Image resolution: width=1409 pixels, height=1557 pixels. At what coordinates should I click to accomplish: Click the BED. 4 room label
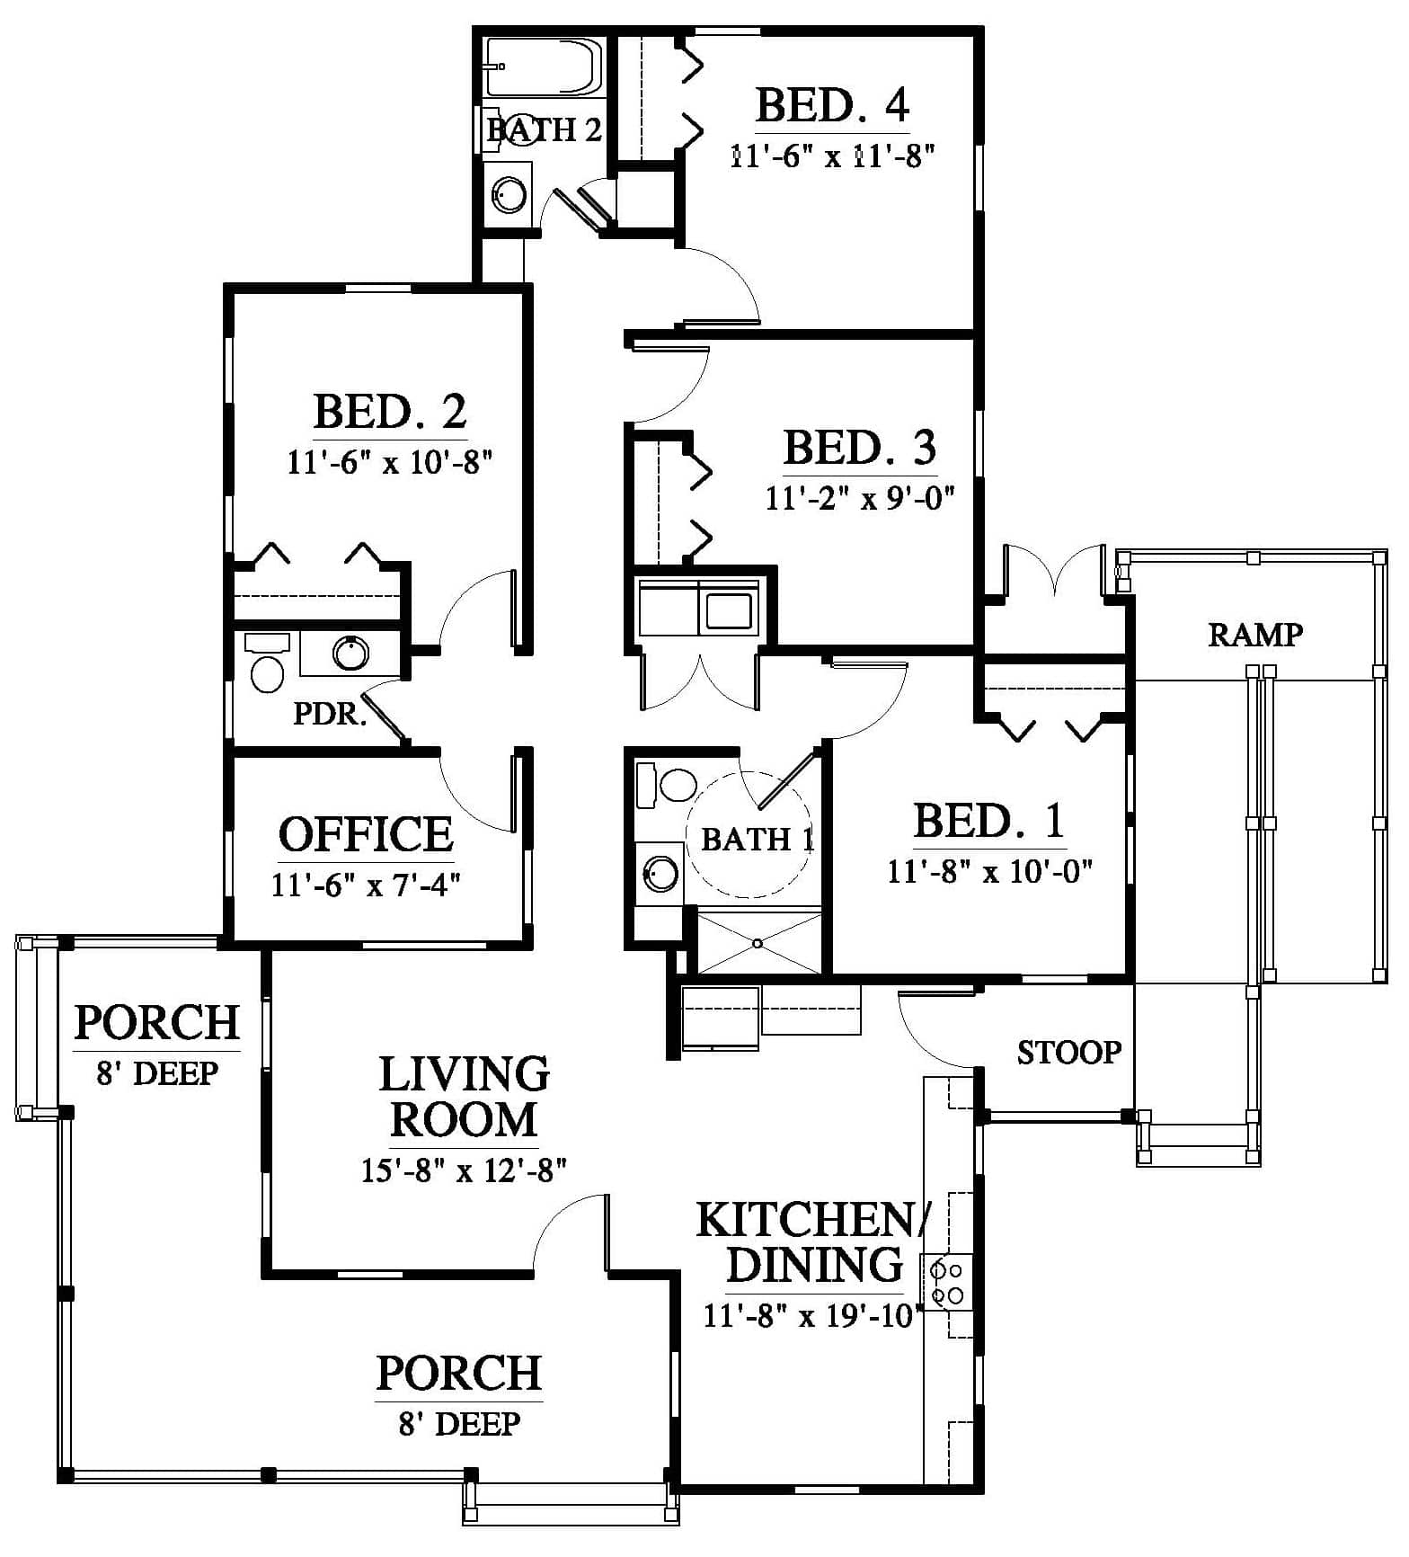pyautogui.click(x=832, y=105)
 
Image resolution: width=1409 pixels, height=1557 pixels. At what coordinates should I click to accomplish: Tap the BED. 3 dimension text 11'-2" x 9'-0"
pyautogui.click(x=860, y=497)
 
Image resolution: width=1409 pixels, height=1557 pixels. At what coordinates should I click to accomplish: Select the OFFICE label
pyautogui.click(x=366, y=834)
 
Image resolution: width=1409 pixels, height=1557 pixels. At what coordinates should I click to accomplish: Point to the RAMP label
pyautogui.click(x=1255, y=635)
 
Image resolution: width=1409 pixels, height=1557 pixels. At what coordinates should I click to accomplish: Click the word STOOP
pyautogui.click(x=1069, y=1052)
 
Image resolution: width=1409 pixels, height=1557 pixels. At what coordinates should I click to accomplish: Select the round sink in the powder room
pyautogui.click(x=350, y=653)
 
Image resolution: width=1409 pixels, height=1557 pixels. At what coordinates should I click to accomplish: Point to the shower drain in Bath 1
pyautogui.click(x=758, y=944)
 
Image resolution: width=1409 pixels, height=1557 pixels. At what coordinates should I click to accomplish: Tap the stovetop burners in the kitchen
pyautogui.click(x=946, y=1283)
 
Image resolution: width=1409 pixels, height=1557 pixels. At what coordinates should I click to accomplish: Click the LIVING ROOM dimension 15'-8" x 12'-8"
pyautogui.click(x=464, y=1170)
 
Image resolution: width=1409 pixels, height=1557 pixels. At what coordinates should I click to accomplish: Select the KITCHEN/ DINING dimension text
pyautogui.click(x=809, y=1316)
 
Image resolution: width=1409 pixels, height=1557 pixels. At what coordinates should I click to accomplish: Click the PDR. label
pyautogui.click(x=330, y=714)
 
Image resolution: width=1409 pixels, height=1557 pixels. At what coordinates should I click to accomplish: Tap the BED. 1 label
pyautogui.click(x=989, y=821)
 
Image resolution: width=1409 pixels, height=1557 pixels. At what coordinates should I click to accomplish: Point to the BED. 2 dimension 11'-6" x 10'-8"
pyautogui.click(x=390, y=463)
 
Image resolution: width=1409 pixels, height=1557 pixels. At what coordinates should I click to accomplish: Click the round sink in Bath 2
pyautogui.click(x=509, y=195)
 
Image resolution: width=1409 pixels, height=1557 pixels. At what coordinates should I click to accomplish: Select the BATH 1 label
pyautogui.click(x=757, y=840)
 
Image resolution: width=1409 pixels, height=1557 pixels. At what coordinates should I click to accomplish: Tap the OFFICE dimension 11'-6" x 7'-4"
pyautogui.click(x=366, y=885)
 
